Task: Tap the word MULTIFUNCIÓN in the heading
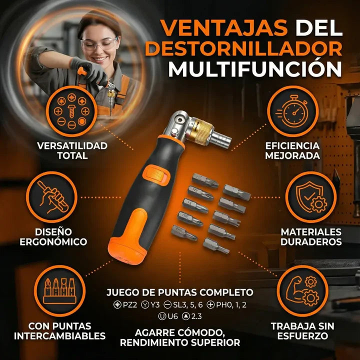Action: pos(255,68)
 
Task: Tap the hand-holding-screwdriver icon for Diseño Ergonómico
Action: pos(54,198)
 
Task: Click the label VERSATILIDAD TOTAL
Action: pos(72,150)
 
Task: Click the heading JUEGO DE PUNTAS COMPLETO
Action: pos(180,292)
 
